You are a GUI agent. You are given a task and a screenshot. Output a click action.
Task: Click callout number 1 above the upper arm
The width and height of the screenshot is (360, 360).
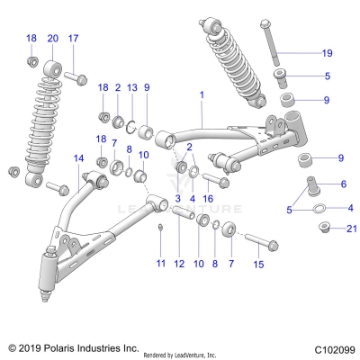202,94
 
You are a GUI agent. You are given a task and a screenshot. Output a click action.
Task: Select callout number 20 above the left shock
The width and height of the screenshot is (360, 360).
52,38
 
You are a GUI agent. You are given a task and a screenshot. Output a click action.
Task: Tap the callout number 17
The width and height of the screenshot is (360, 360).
74,38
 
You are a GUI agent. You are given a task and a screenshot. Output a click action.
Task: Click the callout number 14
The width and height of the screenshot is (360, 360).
78,158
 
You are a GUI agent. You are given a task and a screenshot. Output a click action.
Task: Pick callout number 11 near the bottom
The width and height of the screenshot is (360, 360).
161,264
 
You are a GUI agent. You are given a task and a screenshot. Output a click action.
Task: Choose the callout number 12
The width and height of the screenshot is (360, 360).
178,264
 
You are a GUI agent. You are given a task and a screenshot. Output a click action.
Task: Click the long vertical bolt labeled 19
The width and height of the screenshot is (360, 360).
271,45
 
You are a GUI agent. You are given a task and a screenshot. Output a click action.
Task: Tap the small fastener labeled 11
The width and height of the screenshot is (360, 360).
158,227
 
